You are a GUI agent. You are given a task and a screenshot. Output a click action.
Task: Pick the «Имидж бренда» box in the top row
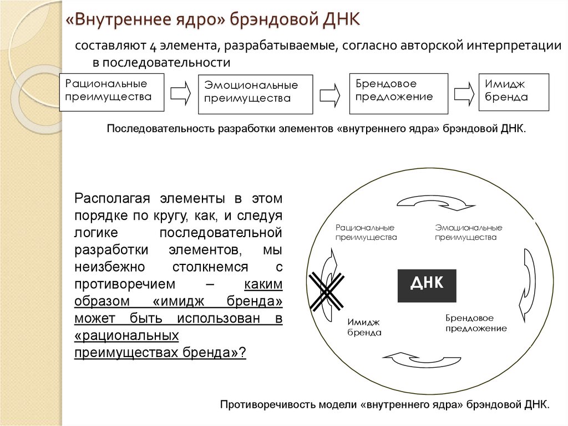click(514, 91)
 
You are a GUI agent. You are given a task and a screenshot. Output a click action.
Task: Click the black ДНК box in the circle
click(427, 285)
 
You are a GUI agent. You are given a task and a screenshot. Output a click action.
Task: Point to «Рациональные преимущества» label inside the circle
click(366, 233)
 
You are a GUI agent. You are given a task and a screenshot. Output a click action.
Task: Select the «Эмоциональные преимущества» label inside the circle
click(468, 233)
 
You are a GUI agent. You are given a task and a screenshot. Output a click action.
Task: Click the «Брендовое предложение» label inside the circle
click(476, 323)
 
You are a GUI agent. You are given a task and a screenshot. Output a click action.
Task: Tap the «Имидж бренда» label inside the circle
click(364, 328)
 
